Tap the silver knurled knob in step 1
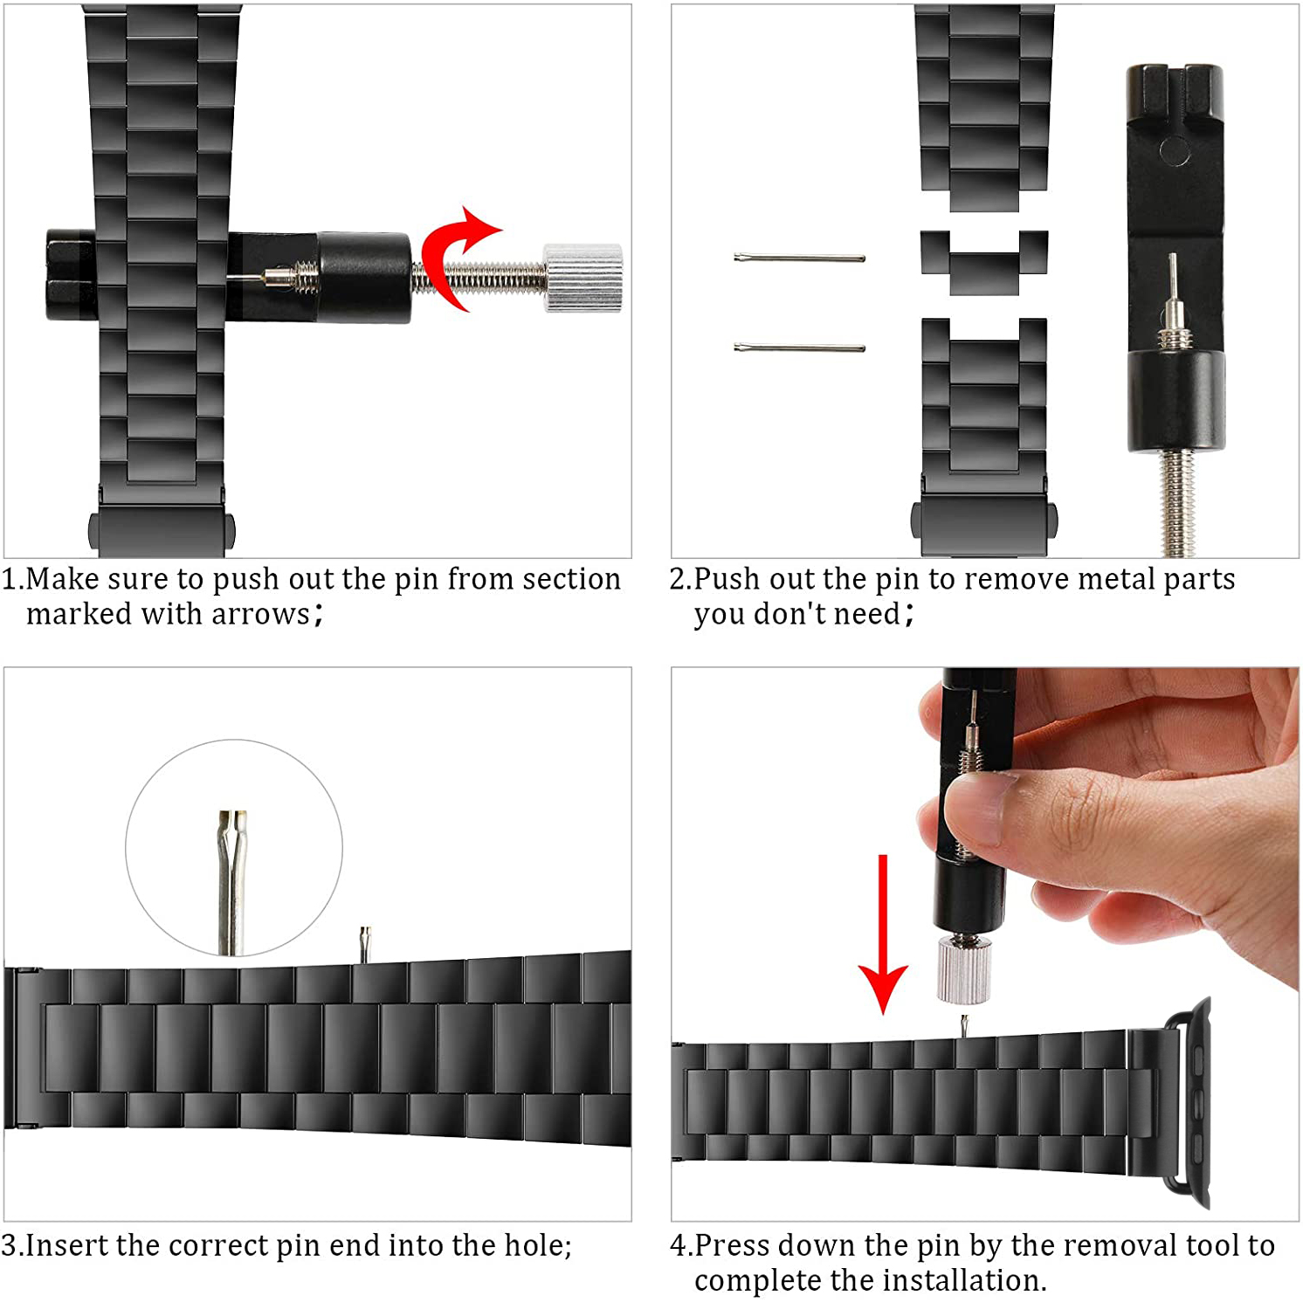coord(583,277)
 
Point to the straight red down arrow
coord(883,934)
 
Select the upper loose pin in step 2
coord(799,258)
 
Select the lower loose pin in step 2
coord(799,348)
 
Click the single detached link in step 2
coord(984,262)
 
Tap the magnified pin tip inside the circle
coord(232,882)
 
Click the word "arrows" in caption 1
coord(260,614)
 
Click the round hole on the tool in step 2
coord(1175,151)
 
